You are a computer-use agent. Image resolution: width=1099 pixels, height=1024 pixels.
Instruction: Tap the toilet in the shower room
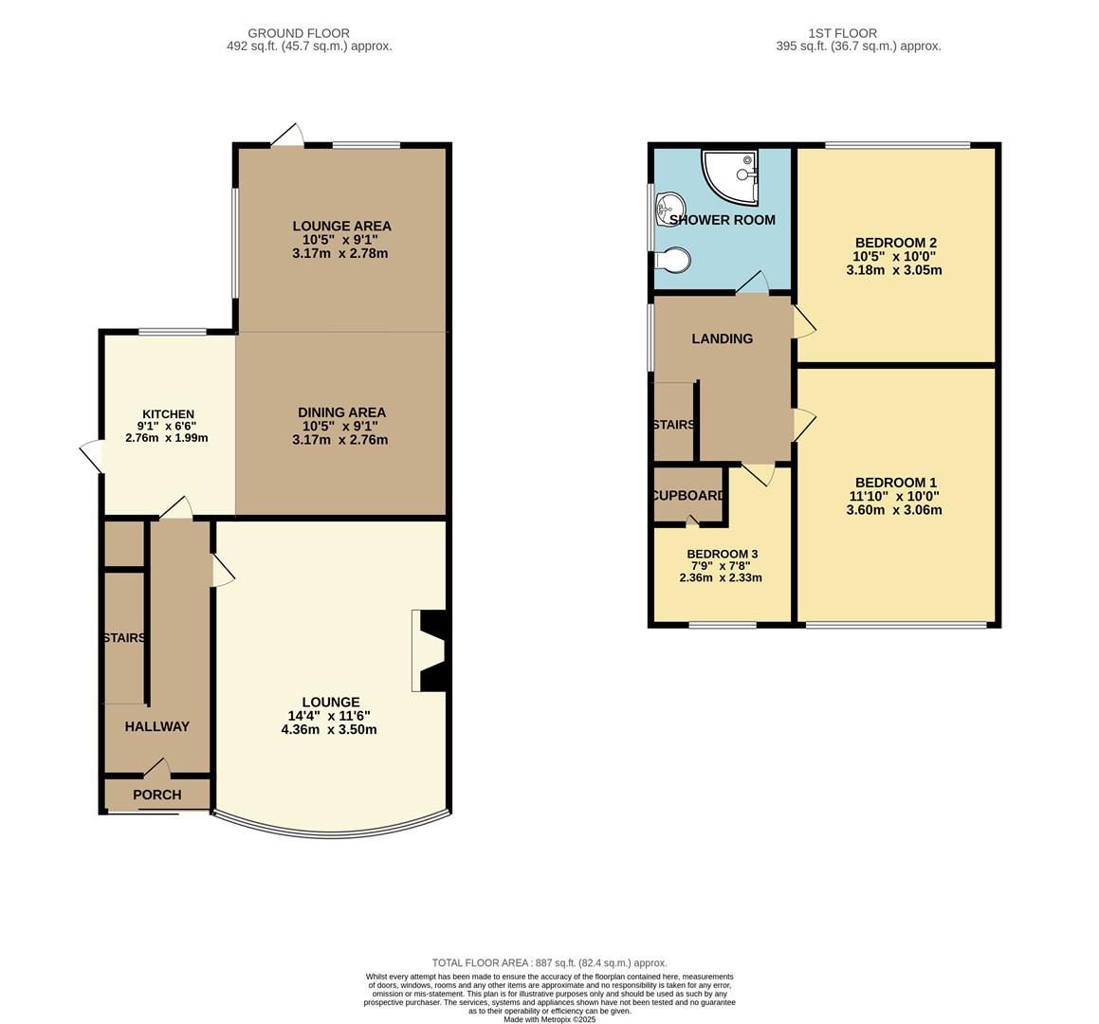click(x=672, y=259)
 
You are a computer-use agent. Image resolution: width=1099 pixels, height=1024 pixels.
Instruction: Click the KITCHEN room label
click(x=168, y=414)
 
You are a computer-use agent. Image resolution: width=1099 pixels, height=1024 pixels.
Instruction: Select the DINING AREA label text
click(x=341, y=412)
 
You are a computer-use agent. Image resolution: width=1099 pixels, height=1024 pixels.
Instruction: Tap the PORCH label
click(x=157, y=795)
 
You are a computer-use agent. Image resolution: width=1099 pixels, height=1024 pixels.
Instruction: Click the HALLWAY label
click(x=157, y=726)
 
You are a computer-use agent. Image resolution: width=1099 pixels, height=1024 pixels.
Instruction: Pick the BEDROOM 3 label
click(x=722, y=554)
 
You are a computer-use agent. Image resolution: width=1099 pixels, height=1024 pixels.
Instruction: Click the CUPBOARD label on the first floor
click(x=688, y=495)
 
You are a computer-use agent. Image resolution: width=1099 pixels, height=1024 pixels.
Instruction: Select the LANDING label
click(x=722, y=338)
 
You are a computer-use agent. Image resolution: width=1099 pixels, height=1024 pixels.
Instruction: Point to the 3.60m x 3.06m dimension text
click(x=894, y=509)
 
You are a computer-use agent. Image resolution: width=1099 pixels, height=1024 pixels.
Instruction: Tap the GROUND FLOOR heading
click(x=299, y=33)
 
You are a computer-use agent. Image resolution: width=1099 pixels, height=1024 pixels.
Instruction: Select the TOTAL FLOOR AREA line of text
click(x=549, y=962)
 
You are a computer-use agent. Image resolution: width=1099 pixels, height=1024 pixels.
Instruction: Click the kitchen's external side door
click(x=92, y=456)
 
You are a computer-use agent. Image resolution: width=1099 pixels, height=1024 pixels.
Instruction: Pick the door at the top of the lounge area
click(x=287, y=136)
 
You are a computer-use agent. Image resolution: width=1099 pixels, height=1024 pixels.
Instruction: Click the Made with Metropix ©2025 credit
click(x=549, y=1019)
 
